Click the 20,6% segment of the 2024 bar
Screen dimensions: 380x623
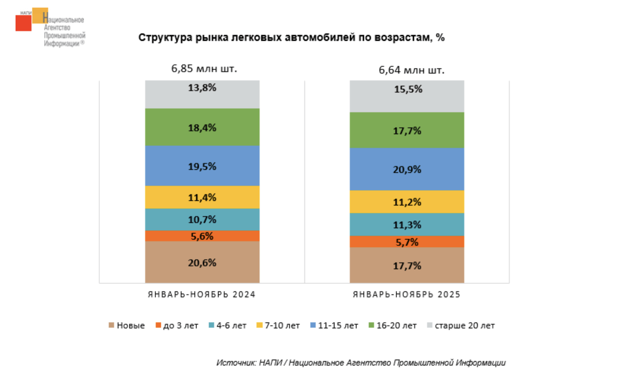202,262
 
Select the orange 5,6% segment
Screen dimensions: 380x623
202,236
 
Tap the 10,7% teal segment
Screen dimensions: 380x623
202,220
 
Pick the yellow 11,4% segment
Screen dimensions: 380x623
202,197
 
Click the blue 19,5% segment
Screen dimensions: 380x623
202,166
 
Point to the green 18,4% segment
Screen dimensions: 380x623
202,127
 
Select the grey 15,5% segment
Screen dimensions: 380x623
407,96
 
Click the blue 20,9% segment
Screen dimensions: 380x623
407,169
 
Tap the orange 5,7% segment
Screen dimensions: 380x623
407,242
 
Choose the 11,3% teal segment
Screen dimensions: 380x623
407,225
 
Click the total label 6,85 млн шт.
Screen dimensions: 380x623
204,69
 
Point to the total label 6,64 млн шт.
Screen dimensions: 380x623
411,70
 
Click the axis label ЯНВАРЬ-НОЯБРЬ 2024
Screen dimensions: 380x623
202,295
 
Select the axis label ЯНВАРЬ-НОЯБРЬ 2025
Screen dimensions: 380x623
407,295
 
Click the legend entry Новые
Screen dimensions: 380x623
127,325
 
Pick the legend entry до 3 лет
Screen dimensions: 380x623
177,325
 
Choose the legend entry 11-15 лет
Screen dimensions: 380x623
334,325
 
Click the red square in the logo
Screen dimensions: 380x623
23,23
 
